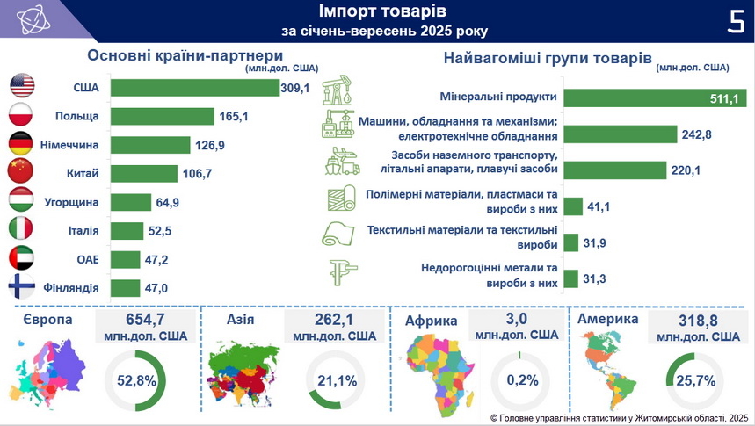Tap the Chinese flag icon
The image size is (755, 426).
20,172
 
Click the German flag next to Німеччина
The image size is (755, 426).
20,144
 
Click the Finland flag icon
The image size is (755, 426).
20,287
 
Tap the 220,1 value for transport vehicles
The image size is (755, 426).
685,170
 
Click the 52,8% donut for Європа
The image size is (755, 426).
136,380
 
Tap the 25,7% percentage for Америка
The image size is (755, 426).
694,380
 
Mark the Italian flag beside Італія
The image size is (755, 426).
20,230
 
